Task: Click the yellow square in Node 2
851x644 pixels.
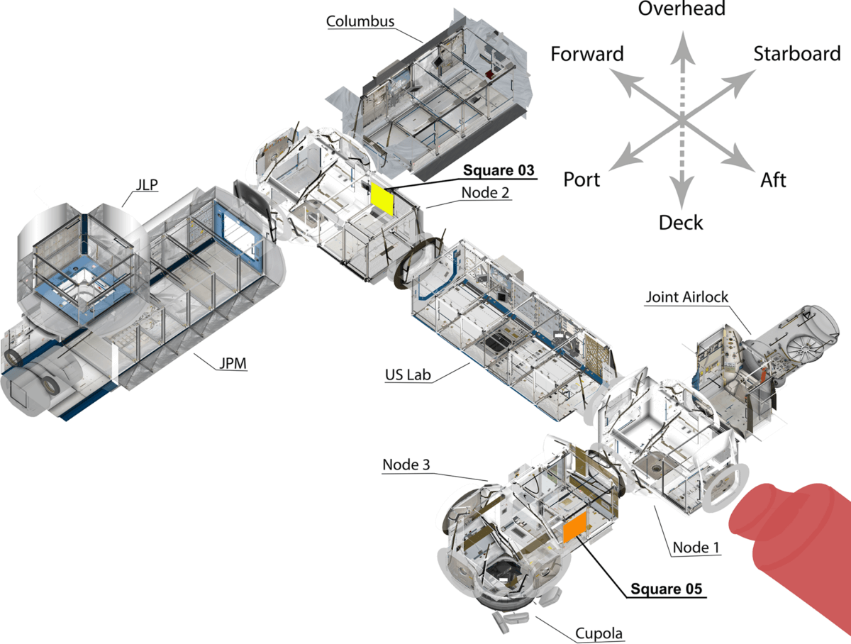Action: [382, 197]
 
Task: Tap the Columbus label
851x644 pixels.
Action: [360, 21]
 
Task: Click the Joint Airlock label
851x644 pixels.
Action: [686, 296]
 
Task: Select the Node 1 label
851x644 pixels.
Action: [695, 548]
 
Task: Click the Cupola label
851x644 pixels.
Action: [594, 633]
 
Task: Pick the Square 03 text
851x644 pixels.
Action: [499, 171]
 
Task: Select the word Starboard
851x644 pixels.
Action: [796, 53]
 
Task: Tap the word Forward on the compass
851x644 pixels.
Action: [587, 54]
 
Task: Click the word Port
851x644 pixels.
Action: [582, 179]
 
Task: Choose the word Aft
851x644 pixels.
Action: [773, 180]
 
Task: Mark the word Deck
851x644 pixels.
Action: [681, 223]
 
